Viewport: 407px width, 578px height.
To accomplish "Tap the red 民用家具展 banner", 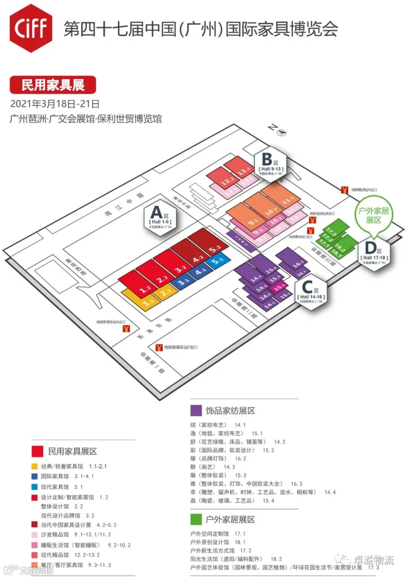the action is click(x=53, y=85).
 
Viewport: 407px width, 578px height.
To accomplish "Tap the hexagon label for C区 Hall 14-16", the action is click(x=311, y=292).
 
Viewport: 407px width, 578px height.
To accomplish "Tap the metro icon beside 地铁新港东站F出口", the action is click(x=159, y=348).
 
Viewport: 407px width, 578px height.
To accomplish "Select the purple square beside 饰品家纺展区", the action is click(x=196, y=410).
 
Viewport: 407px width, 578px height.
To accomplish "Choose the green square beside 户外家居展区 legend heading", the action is click(x=196, y=519).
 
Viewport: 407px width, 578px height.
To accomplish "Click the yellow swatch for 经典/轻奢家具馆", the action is click(x=34, y=466).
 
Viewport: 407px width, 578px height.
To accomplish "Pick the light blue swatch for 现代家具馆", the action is click(x=34, y=487).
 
